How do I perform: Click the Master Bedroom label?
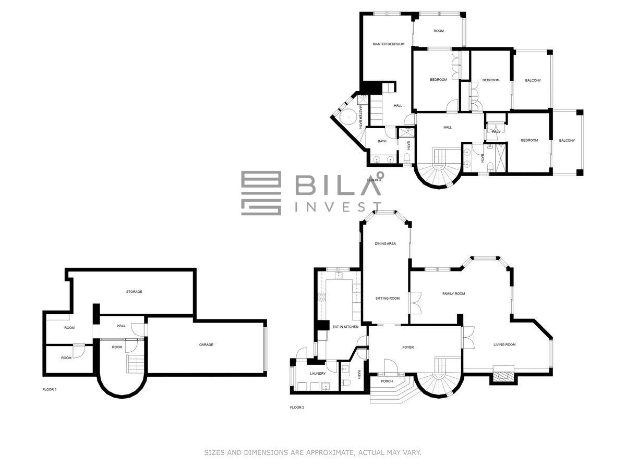(389, 44)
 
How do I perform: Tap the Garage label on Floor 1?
(206, 345)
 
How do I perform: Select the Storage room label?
(134, 292)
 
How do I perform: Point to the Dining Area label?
(386, 244)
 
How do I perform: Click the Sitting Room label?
(387, 299)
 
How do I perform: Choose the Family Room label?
(453, 293)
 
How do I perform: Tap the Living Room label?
(504, 345)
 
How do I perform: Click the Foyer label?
(408, 348)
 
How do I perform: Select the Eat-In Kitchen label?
(345, 327)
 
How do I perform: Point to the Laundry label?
(318, 374)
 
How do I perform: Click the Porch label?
(387, 381)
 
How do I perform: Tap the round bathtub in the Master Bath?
(347, 117)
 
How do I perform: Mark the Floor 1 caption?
(50, 390)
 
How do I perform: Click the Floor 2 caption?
(297, 408)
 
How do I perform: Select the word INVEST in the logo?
(338, 207)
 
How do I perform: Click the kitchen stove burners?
(322, 297)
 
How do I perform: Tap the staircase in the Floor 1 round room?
(135, 364)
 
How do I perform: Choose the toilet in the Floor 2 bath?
(346, 383)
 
